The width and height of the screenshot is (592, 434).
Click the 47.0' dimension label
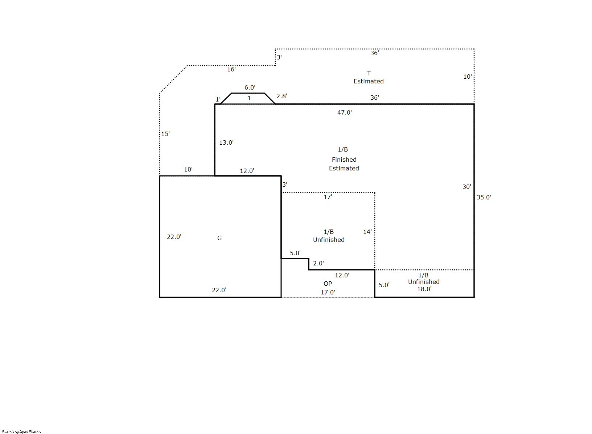(x=344, y=112)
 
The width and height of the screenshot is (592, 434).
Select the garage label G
(x=219, y=238)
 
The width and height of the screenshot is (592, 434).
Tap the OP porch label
(x=328, y=284)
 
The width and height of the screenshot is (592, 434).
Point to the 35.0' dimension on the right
(x=484, y=197)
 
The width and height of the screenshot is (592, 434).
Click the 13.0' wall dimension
(x=226, y=142)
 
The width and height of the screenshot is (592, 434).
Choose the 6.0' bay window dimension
(x=250, y=87)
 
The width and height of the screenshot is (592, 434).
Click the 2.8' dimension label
(x=282, y=96)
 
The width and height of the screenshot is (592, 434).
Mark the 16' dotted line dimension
(x=231, y=69)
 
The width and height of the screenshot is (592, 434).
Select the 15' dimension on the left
(x=165, y=134)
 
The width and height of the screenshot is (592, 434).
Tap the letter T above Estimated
(x=369, y=73)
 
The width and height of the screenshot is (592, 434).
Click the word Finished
(x=344, y=160)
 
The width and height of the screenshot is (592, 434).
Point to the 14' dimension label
(x=367, y=232)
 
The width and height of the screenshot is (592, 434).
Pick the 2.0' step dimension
(x=318, y=263)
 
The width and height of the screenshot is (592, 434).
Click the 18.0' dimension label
(x=424, y=289)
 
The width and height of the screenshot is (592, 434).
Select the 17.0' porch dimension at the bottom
(x=328, y=292)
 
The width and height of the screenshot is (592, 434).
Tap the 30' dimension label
(x=467, y=187)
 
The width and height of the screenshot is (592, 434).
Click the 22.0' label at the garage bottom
(x=219, y=290)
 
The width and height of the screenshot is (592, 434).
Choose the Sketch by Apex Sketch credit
(x=21, y=432)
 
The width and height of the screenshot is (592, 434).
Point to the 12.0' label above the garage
(x=247, y=171)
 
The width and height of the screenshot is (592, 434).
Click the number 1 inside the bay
(x=249, y=98)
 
